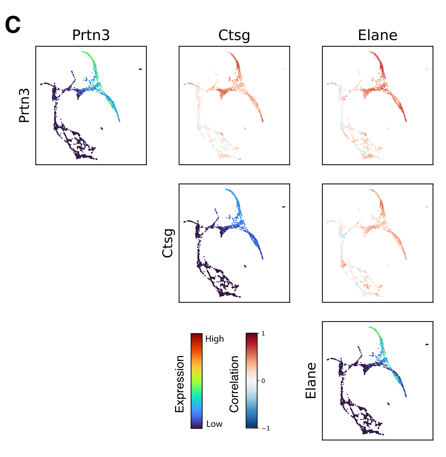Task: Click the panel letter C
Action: (13, 25)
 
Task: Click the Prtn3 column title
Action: (91, 35)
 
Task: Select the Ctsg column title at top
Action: (234, 35)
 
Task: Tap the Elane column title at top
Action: (377, 35)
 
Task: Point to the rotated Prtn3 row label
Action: (24, 106)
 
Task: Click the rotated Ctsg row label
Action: (168, 243)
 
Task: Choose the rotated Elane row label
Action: (311, 381)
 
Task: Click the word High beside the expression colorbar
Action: (214, 339)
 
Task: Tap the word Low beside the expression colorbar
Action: (214, 424)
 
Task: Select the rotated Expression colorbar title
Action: (179, 384)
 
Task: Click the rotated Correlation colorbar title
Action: (234, 384)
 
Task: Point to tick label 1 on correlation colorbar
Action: (263, 334)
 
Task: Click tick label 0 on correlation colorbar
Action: (263, 381)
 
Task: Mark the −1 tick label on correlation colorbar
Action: (266, 428)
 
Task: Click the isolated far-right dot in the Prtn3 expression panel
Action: (140, 69)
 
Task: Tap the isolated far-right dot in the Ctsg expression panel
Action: (284, 207)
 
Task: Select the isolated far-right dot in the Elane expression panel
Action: (427, 344)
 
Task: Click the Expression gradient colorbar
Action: (196, 381)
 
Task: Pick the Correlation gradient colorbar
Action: (252, 381)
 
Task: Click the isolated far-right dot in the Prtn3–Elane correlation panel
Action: (427, 69)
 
